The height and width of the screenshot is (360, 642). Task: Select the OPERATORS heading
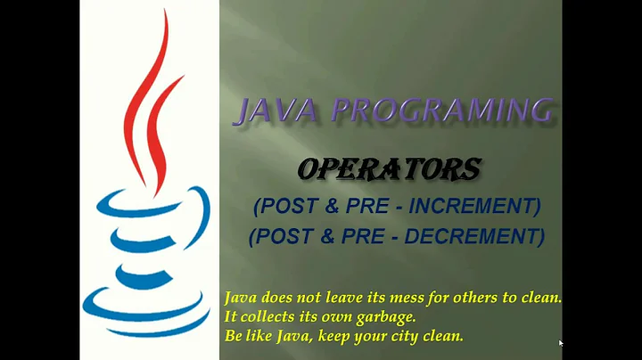(x=389, y=168)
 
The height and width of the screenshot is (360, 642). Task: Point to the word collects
(x=267, y=317)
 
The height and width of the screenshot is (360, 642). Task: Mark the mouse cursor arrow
(x=561, y=343)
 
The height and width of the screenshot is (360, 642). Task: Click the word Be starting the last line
(x=233, y=337)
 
